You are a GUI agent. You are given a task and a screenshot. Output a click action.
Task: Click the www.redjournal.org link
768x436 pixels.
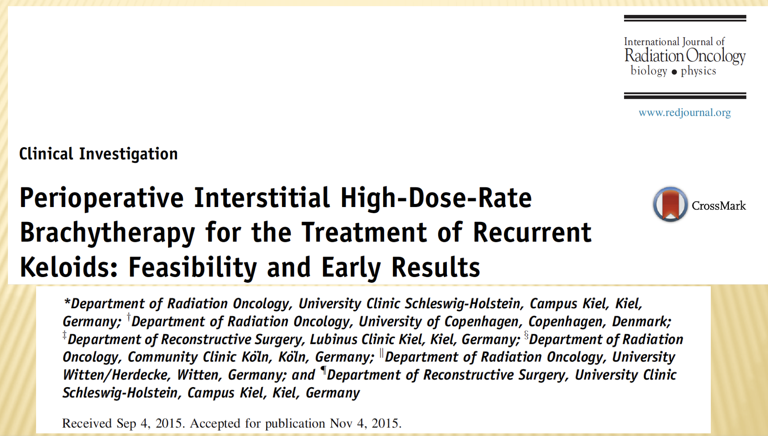coord(684,113)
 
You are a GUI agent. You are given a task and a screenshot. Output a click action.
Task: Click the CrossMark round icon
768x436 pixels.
coord(670,204)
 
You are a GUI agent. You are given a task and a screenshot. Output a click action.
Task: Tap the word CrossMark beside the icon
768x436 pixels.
coord(719,206)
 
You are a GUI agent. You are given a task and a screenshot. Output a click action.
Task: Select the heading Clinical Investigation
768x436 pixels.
coord(99,154)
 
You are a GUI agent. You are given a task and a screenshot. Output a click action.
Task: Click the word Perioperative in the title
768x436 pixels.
coord(102,198)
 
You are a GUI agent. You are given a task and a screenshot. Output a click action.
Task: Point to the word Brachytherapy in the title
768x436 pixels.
coord(107,233)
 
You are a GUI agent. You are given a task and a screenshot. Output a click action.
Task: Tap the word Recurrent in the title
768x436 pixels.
coord(532,233)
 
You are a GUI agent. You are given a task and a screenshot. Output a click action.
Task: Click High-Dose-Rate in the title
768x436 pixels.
coord(436,198)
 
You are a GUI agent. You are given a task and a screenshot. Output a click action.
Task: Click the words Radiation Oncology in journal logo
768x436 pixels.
coord(685,56)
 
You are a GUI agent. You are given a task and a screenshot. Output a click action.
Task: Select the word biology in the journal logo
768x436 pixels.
coord(649,71)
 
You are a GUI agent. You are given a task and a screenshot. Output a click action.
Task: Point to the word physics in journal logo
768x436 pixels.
coord(699,71)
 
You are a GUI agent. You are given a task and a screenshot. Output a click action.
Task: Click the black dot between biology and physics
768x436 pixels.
coord(674,72)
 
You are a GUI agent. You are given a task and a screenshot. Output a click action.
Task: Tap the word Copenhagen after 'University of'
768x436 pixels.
coord(481,321)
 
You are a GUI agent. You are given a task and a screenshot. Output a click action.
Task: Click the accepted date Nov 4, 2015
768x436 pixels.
coord(365,423)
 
